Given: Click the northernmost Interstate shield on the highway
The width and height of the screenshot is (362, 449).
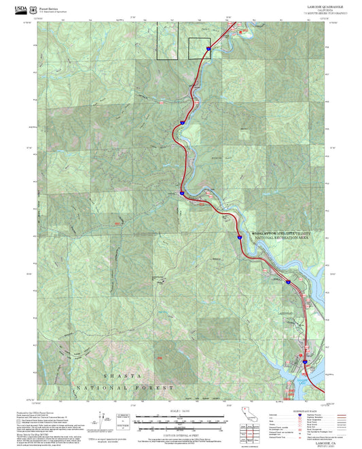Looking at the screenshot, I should pyautogui.click(x=209, y=48).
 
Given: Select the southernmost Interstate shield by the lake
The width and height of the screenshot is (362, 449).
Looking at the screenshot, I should pyautogui.click(x=305, y=362).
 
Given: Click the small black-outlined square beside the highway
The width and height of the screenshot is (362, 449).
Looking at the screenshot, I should pyautogui.click(x=198, y=48).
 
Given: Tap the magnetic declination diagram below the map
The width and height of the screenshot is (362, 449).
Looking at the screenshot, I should pyautogui.click(x=101, y=420).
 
